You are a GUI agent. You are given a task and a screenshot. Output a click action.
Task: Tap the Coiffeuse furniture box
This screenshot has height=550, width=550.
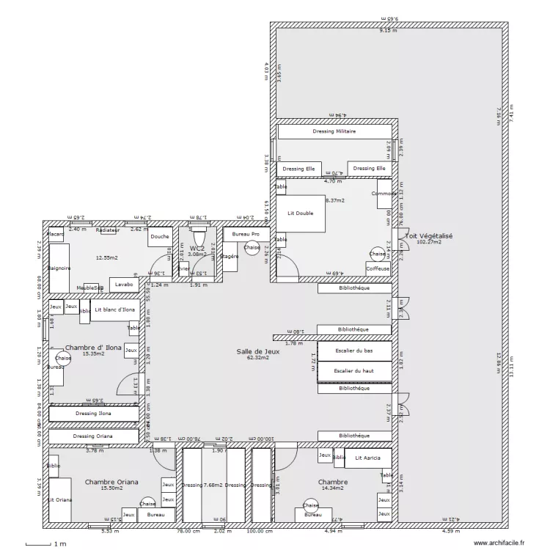(378, 268)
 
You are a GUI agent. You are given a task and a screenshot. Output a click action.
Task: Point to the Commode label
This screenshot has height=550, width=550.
(383, 194)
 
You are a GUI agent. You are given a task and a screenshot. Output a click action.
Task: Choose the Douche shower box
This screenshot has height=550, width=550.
(160, 237)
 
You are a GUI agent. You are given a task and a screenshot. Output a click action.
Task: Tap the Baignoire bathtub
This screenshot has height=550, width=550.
(59, 268)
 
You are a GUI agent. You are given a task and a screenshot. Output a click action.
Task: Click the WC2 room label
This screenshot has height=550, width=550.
(197, 249)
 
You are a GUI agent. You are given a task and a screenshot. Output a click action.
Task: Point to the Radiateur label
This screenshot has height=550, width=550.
(107, 230)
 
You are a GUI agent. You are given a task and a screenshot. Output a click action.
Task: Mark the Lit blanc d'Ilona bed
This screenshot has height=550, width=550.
(115, 309)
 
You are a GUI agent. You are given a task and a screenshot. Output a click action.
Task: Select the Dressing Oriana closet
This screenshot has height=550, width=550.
(93, 436)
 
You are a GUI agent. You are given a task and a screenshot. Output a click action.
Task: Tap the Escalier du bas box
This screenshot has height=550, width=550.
(353, 351)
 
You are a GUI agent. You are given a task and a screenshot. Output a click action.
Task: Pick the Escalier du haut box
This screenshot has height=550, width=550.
(353, 371)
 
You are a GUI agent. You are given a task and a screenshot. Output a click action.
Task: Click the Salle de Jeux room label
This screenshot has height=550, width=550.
(258, 351)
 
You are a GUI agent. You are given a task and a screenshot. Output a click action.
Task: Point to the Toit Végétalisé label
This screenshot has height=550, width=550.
(428, 236)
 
